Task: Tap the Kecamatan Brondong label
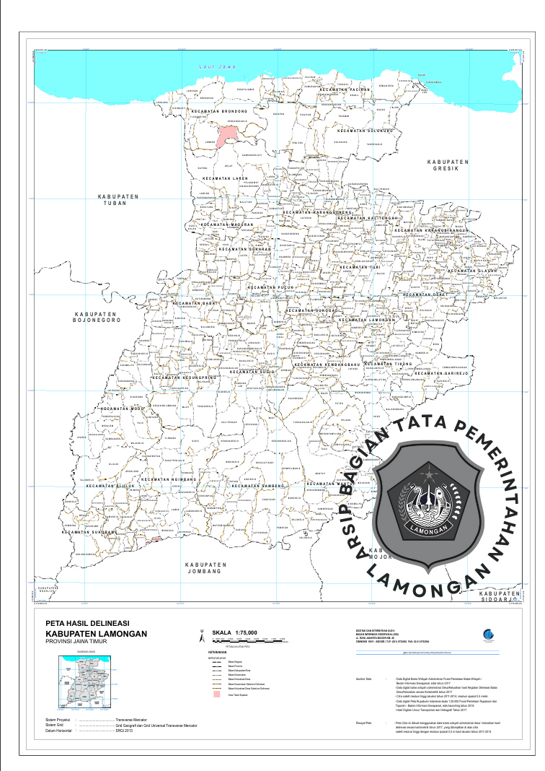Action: pyautogui.click(x=220, y=111)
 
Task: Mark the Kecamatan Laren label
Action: pyautogui.click(x=225, y=178)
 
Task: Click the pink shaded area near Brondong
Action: pyautogui.click(x=229, y=134)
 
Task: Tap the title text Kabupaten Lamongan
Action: pyautogui.click(x=95, y=633)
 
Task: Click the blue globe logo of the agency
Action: pyautogui.click(x=490, y=633)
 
